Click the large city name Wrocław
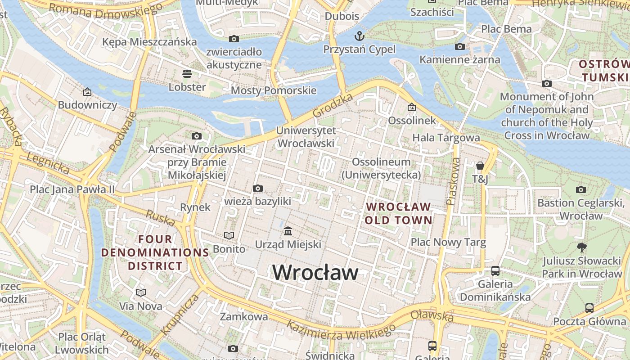[315, 272]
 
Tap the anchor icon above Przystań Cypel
[359, 36]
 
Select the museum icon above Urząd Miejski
[288, 231]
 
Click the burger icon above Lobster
[187, 74]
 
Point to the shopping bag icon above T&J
[480, 166]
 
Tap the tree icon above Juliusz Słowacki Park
[581, 247]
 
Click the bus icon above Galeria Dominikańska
[495, 271]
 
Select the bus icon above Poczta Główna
[589, 308]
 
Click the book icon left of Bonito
[229, 235]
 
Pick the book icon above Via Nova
[141, 293]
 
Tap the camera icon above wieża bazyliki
[257, 188]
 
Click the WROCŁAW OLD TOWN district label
[398, 214]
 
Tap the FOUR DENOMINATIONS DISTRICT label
[155, 252]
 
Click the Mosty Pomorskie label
[274, 90]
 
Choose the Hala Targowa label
[446, 138]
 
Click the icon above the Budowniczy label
[87, 92]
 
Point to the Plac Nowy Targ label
[448, 243]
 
